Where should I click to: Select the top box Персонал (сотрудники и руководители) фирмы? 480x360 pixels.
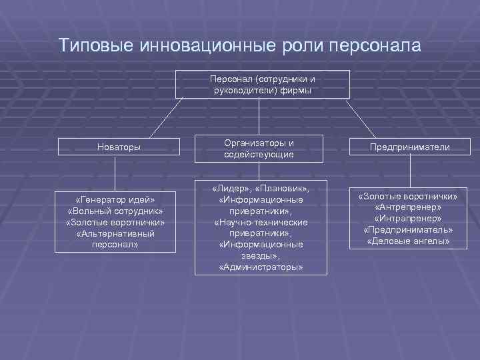[x=262, y=84]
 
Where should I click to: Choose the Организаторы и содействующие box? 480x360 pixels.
[x=259, y=149]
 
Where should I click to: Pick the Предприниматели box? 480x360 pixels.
[x=411, y=147]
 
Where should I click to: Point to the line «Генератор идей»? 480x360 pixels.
[x=115, y=200]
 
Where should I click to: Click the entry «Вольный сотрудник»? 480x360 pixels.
[x=115, y=211]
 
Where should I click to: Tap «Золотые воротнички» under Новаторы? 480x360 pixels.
[x=115, y=223]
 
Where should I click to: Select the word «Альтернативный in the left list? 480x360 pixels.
[x=115, y=234]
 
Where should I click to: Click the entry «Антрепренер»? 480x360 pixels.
[x=409, y=207]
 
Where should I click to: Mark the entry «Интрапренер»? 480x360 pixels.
[x=409, y=219]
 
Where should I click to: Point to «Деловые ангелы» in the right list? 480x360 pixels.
[x=409, y=241]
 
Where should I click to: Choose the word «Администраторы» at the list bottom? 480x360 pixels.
[x=261, y=267]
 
